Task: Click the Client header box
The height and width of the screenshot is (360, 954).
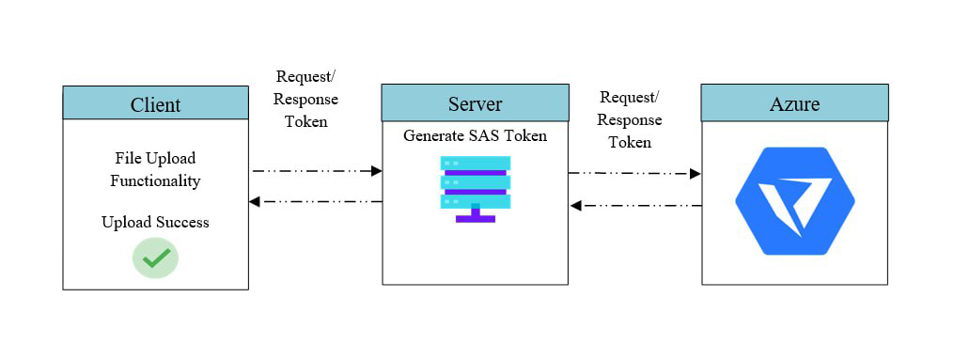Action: (155, 103)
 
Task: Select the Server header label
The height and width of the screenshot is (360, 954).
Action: (475, 102)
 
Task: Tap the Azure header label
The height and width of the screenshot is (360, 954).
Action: (794, 102)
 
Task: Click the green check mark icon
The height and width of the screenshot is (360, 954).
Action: (155, 258)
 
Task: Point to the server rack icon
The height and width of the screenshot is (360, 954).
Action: (475, 188)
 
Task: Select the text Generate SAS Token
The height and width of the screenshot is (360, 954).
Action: (475, 135)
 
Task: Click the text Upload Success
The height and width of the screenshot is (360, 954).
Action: (155, 222)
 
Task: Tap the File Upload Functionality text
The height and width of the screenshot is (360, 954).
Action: (155, 169)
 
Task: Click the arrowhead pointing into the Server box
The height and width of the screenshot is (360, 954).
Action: (376, 171)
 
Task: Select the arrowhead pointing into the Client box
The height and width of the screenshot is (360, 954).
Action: (255, 201)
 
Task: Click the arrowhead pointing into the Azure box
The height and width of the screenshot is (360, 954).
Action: (696, 174)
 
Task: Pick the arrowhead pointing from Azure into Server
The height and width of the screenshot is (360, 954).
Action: (576, 206)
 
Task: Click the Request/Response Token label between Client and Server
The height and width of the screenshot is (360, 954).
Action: (306, 99)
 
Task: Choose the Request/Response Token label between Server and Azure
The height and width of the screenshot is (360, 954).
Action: (629, 119)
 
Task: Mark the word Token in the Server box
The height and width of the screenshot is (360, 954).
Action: (524, 135)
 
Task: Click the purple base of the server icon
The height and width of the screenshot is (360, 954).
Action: (475, 217)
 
